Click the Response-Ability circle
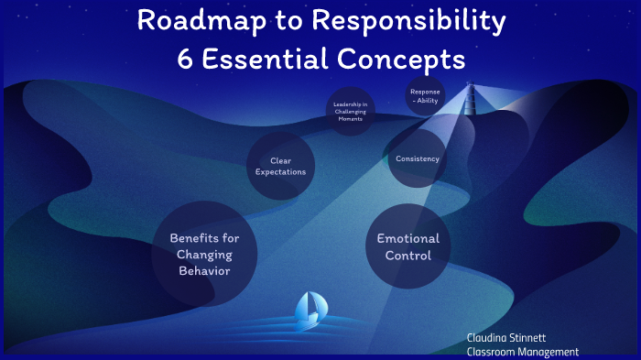coord(425,96)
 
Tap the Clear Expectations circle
coord(280,167)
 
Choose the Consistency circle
coord(418,159)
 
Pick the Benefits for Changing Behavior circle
coord(204,255)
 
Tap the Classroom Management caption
coord(523,352)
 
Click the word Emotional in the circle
coord(408,239)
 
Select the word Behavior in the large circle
coord(204,271)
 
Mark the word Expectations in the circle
coord(280,172)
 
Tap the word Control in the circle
coord(408,256)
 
